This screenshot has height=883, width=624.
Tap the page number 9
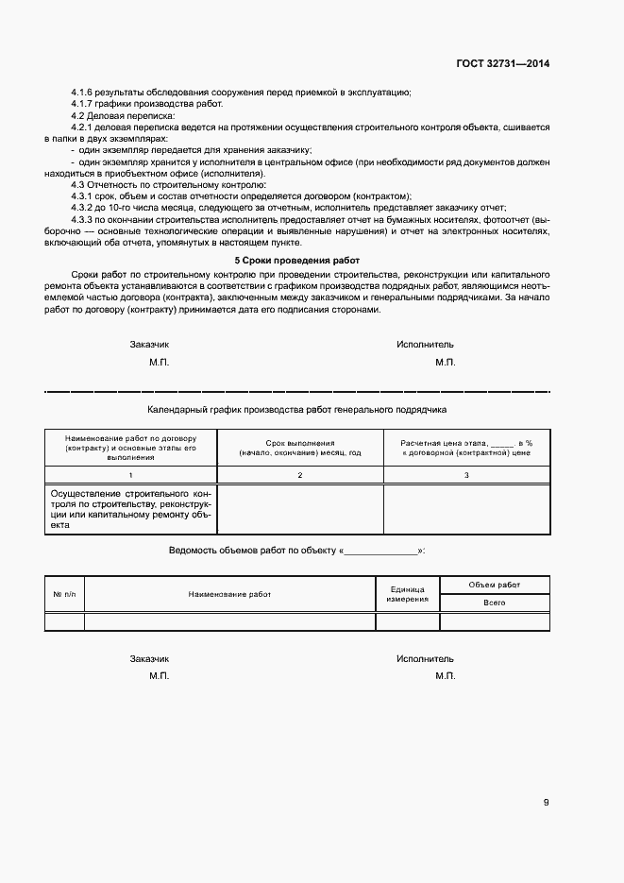click(x=546, y=803)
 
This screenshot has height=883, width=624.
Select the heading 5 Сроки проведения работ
click(x=297, y=260)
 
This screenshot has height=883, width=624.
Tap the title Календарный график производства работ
click(x=297, y=411)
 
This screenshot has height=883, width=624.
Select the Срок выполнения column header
click(x=300, y=448)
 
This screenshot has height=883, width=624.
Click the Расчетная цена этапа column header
click(x=466, y=448)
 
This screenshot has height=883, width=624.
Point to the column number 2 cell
click(x=300, y=475)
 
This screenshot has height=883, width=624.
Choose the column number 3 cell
click(x=466, y=475)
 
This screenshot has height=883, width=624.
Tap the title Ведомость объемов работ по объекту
click(x=252, y=550)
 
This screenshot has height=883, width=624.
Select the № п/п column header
click(x=64, y=594)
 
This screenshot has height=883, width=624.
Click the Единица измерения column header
click(x=408, y=594)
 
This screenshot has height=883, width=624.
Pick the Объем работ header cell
click(x=495, y=585)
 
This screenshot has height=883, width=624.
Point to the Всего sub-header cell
click(x=495, y=603)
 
